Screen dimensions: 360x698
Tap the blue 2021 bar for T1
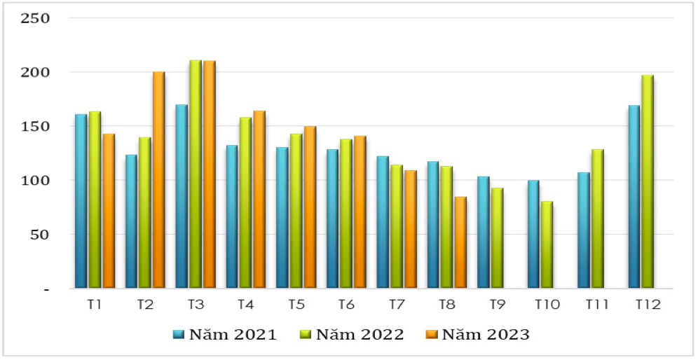pyautogui.click(x=81, y=201)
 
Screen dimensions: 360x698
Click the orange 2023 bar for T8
pyautogui.click(x=460, y=242)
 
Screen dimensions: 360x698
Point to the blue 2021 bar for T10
pyautogui.click(x=533, y=234)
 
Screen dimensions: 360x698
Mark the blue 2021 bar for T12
pyautogui.click(x=634, y=197)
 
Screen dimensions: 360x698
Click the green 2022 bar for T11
pyautogui.click(x=597, y=219)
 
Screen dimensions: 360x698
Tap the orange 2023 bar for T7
pyautogui.click(x=410, y=229)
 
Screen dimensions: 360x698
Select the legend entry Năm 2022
pyautogui.click(x=351, y=334)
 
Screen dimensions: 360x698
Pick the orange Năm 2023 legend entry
pyautogui.click(x=479, y=334)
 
